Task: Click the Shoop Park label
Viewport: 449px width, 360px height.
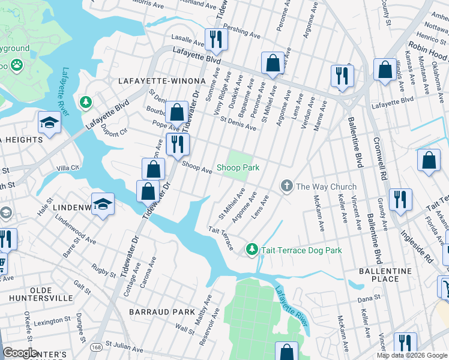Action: pos(238,168)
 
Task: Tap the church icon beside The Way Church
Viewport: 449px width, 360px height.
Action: pos(286,187)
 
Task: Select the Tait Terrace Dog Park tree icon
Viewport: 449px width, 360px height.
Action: pos(253,249)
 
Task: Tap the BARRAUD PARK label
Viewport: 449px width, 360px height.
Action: pos(161,312)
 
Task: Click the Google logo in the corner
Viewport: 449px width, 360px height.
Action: pos(20,353)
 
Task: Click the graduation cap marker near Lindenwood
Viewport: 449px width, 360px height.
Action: pos(103,204)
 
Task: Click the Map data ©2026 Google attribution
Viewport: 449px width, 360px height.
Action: pos(412,355)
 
